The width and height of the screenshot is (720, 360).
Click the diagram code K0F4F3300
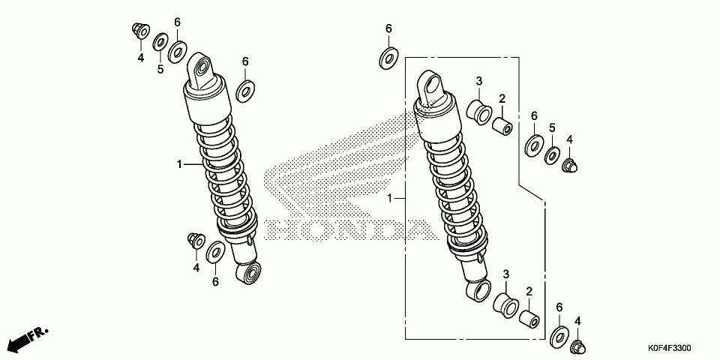pyautogui.click(x=669, y=349)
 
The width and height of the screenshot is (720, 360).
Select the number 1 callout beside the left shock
pyautogui.click(x=179, y=164)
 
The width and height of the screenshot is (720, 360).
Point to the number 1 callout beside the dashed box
pyautogui.click(x=390, y=199)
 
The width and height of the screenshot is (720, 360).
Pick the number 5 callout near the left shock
pyautogui.click(x=160, y=70)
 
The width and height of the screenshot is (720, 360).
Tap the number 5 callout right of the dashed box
pyautogui.click(x=551, y=128)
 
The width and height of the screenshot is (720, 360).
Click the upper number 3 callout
pyautogui.click(x=478, y=82)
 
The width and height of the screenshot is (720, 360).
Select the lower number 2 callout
pyautogui.click(x=529, y=291)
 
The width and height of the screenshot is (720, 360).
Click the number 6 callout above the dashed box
pyautogui.click(x=388, y=28)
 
